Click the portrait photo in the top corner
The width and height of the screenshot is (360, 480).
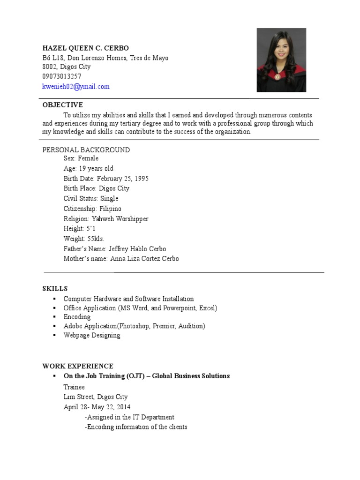coord(281,60)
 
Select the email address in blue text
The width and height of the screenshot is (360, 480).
coord(76,87)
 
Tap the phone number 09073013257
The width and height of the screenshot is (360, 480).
coord(62,76)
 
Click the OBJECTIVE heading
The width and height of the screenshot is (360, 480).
coord(62,105)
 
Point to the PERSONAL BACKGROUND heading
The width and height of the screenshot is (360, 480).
coord(86,150)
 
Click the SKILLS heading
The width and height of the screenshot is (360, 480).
coord(55,289)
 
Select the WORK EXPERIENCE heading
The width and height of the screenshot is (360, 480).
coord(78,366)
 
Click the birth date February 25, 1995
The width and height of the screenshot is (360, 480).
coord(106,179)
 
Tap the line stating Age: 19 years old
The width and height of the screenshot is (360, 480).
coord(89,168)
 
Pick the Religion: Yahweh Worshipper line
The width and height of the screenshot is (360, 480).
coord(106,219)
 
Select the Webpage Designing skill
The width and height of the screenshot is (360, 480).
coord(92,336)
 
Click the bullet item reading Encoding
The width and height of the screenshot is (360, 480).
coord(77,317)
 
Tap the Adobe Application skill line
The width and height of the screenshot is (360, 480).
coord(134,326)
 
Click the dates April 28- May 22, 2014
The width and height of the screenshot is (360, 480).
coord(97,407)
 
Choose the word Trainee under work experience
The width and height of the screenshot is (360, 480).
coord(74,387)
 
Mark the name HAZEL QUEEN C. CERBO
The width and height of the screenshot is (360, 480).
coord(85,48)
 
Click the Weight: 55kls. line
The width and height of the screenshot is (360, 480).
coord(84,239)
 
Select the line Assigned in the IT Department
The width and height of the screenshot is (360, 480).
coord(129,417)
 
